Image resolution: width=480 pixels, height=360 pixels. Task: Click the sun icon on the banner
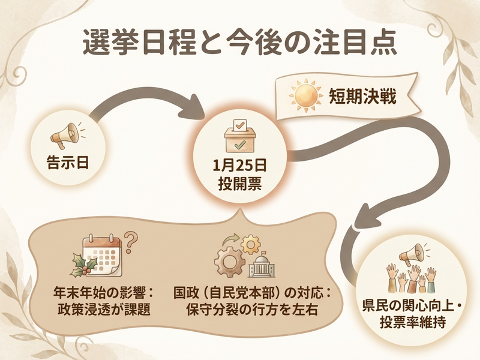point(305,95)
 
